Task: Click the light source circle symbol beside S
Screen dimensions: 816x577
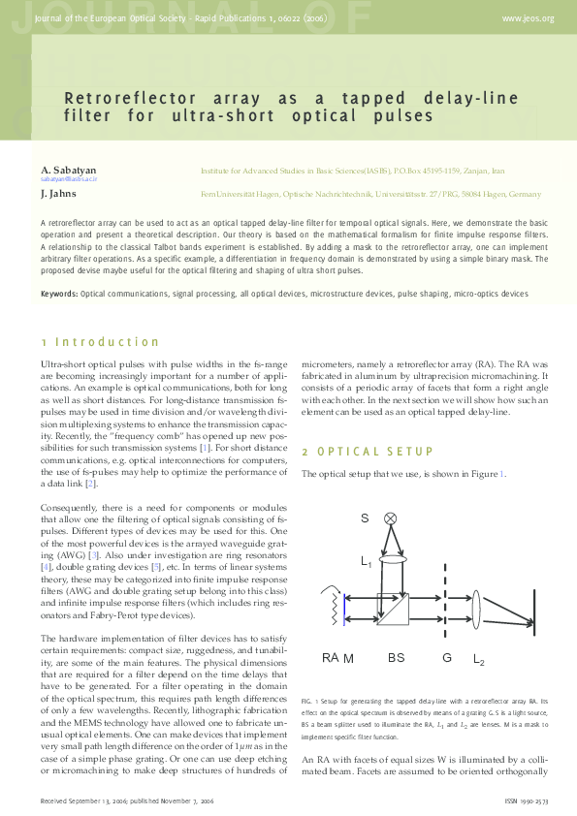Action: point(392,518)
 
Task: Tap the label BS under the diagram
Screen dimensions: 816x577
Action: point(396,658)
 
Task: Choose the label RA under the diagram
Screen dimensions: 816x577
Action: point(331,658)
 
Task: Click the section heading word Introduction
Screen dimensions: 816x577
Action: point(107,342)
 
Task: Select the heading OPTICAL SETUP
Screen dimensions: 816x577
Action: point(368,453)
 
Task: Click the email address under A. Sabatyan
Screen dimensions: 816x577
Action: point(69,180)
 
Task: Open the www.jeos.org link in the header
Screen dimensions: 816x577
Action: point(528,18)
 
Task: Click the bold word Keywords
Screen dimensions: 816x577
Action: point(59,293)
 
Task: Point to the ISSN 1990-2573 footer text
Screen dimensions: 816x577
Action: point(529,802)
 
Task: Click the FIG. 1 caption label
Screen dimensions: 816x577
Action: point(312,699)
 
